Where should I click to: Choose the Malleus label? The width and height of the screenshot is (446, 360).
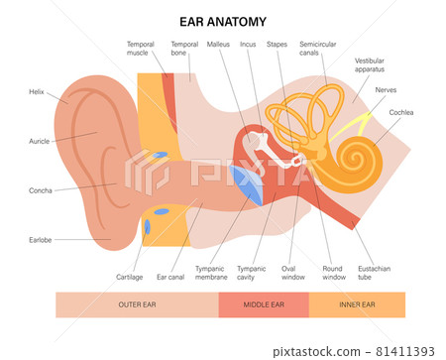pyautogui.click(x=218, y=45)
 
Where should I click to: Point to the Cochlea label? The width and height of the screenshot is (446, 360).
pyautogui.click(x=401, y=113)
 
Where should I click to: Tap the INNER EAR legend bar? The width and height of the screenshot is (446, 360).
pyautogui.click(x=357, y=304)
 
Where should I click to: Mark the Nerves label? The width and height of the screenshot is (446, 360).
pyautogui.click(x=389, y=90)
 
